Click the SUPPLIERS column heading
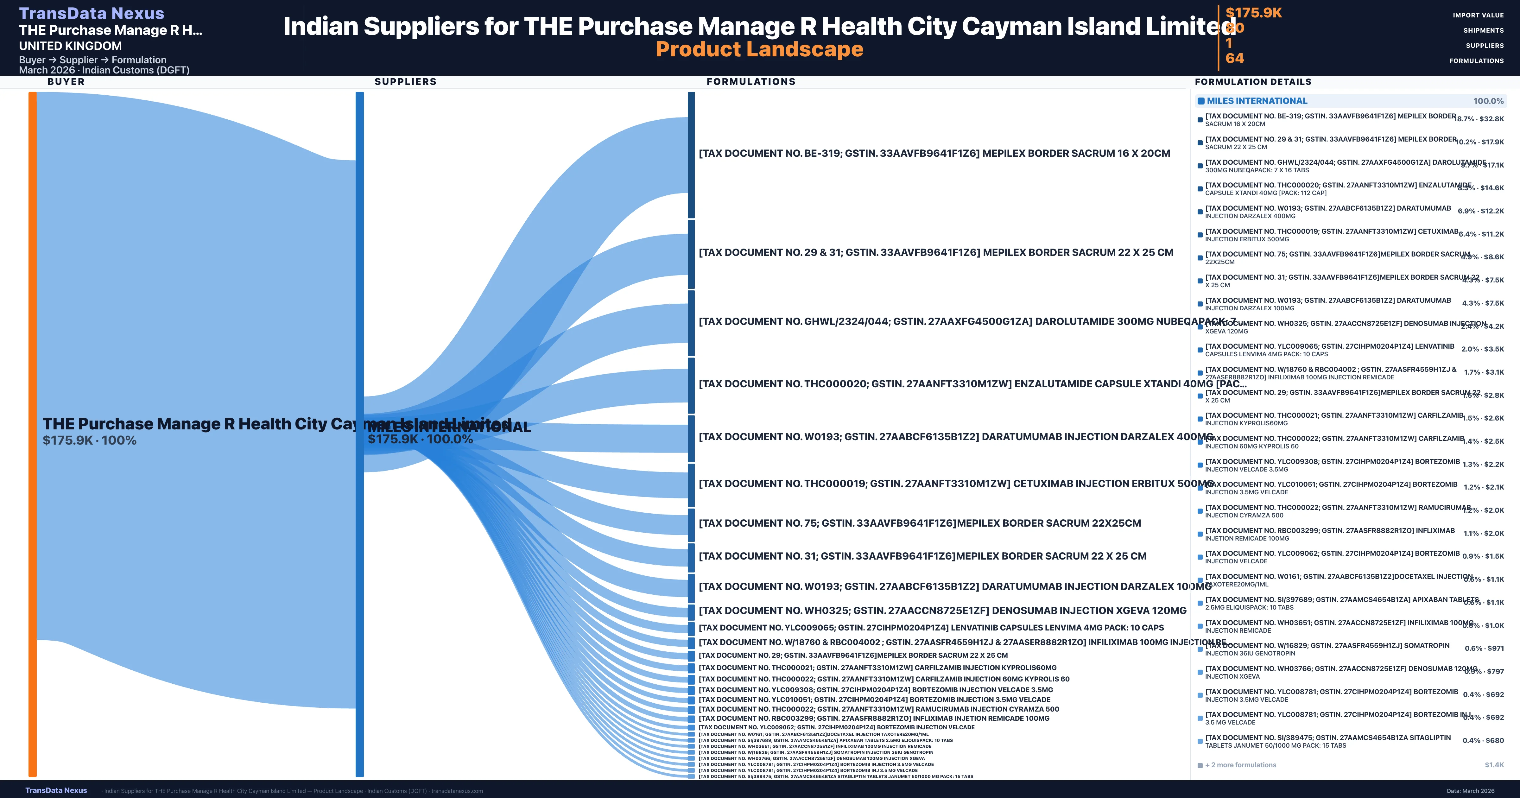pos(405,81)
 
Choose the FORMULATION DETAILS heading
pos(1253,81)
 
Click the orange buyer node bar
pos(32,434)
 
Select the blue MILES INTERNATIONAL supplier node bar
pos(359,434)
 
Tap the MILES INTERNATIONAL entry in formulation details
pos(1257,101)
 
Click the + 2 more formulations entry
pos(1240,765)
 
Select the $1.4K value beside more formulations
pos(1494,765)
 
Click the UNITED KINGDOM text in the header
pos(70,46)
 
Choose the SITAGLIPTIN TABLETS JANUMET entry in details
pos(1328,741)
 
